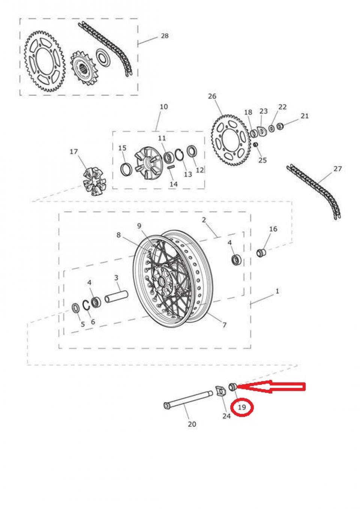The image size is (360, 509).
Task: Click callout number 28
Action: [x=165, y=36]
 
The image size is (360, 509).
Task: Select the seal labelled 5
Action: [x=75, y=308]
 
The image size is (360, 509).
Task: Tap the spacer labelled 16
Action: [x=261, y=252]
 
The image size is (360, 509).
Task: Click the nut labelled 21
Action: [x=280, y=126]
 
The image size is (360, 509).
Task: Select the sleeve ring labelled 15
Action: [x=126, y=170]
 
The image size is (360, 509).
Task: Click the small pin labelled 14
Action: [x=171, y=168]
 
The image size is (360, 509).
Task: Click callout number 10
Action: [x=164, y=107]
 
